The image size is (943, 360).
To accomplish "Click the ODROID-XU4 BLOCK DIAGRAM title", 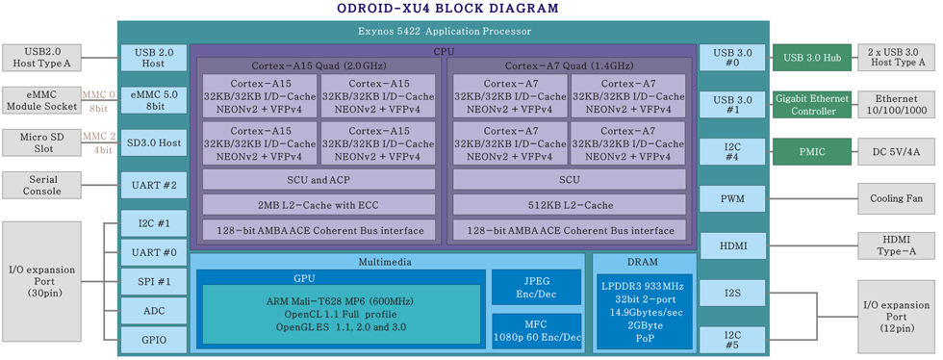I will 446,9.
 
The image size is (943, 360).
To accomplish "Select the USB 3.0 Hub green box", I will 811,58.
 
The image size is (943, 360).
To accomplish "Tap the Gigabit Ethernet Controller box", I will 811,105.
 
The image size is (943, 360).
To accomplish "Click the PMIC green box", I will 811,151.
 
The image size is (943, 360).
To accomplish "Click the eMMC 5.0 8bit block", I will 153,101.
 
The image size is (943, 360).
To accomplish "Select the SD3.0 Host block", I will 153,143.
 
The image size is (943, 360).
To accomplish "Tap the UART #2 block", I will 153,185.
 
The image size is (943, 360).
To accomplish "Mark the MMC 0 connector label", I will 98,94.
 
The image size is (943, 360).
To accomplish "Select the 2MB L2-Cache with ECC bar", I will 318,205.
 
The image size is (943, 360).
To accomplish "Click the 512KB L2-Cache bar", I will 569,205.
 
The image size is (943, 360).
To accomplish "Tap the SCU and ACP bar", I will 318,180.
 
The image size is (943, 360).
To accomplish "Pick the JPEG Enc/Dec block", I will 537,286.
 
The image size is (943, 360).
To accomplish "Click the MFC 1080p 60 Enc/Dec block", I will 537,329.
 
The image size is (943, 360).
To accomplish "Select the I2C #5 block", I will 731,340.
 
